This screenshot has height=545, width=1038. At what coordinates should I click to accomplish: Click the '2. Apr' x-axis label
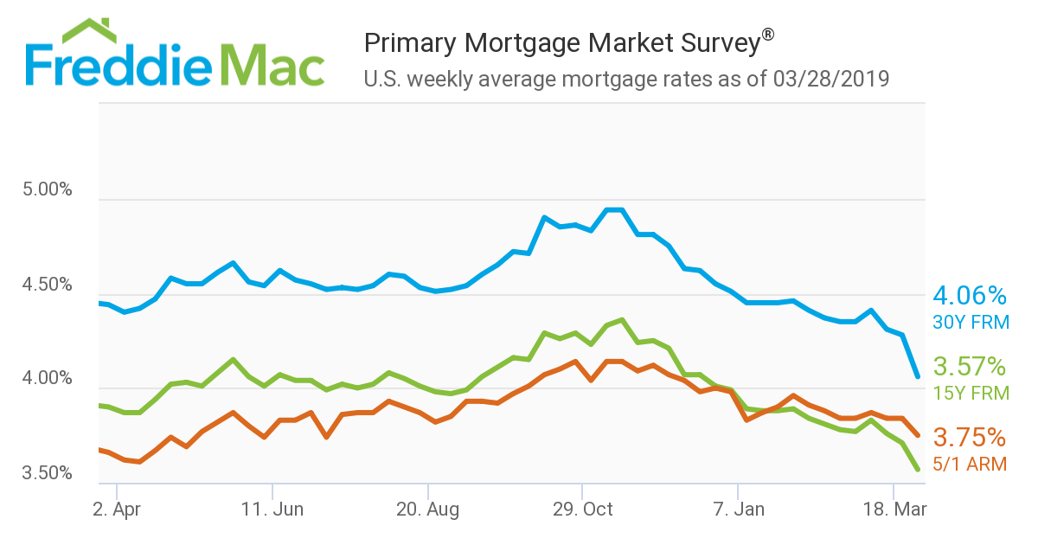[116, 510]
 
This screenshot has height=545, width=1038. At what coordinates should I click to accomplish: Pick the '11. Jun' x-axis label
[272, 510]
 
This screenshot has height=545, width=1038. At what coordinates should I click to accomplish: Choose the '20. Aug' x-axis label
[427, 510]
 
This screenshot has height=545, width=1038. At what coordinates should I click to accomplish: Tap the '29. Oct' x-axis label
[582, 510]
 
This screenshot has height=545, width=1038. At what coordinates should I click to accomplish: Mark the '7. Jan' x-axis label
[738, 510]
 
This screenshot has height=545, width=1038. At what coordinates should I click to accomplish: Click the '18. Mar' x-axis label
[894, 510]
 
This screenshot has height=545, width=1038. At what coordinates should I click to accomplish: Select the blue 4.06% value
[970, 297]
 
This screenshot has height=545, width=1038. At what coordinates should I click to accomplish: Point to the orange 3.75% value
[970, 437]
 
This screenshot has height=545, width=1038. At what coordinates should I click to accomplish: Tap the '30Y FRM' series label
[971, 323]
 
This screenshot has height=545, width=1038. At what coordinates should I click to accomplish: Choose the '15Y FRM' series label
[971, 393]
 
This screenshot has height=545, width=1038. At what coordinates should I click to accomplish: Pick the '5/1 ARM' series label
[970, 464]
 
